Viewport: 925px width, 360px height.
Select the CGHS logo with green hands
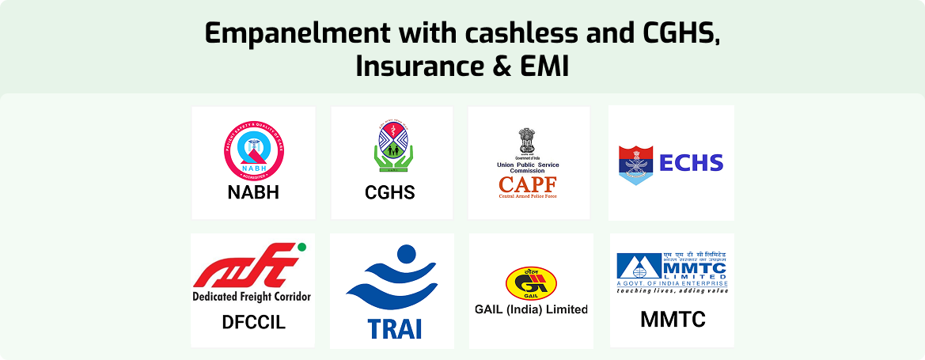(x=392, y=150)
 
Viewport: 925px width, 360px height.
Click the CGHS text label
(x=390, y=192)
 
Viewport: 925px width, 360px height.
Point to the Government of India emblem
(x=528, y=142)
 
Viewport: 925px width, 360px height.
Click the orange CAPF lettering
(x=528, y=184)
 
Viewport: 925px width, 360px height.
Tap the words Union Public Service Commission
(x=528, y=169)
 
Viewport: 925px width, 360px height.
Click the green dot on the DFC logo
(x=301, y=248)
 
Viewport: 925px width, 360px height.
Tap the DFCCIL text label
(x=253, y=323)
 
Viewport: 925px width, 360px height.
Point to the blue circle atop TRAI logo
(x=405, y=255)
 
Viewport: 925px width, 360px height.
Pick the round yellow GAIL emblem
(x=529, y=282)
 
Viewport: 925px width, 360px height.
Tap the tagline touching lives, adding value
(x=673, y=290)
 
